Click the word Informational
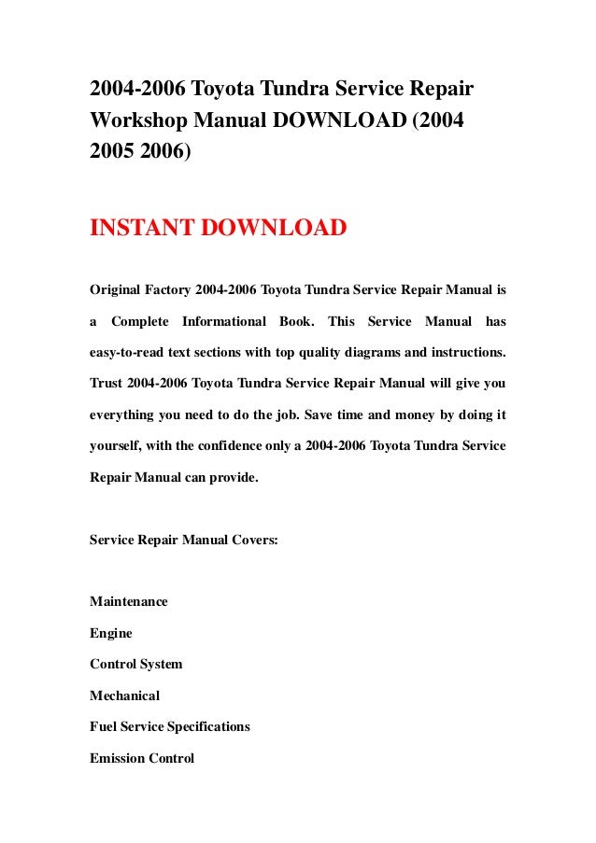coord(223,322)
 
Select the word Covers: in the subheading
coord(252,539)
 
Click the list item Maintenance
coord(129,601)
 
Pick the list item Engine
coord(110,633)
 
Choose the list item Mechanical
coord(124,695)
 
